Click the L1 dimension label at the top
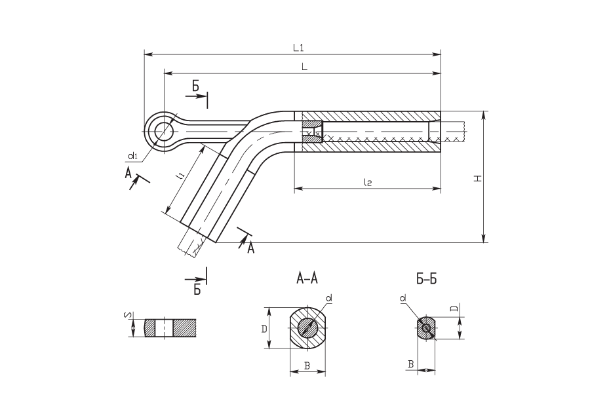point(298,47)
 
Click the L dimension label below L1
point(304,67)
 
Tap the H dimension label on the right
point(478,178)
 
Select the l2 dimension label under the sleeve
point(368,182)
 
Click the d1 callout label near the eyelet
point(132,155)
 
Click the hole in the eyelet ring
point(163,131)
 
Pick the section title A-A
point(307,278)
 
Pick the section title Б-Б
point(427,279)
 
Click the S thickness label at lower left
point(127,315)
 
